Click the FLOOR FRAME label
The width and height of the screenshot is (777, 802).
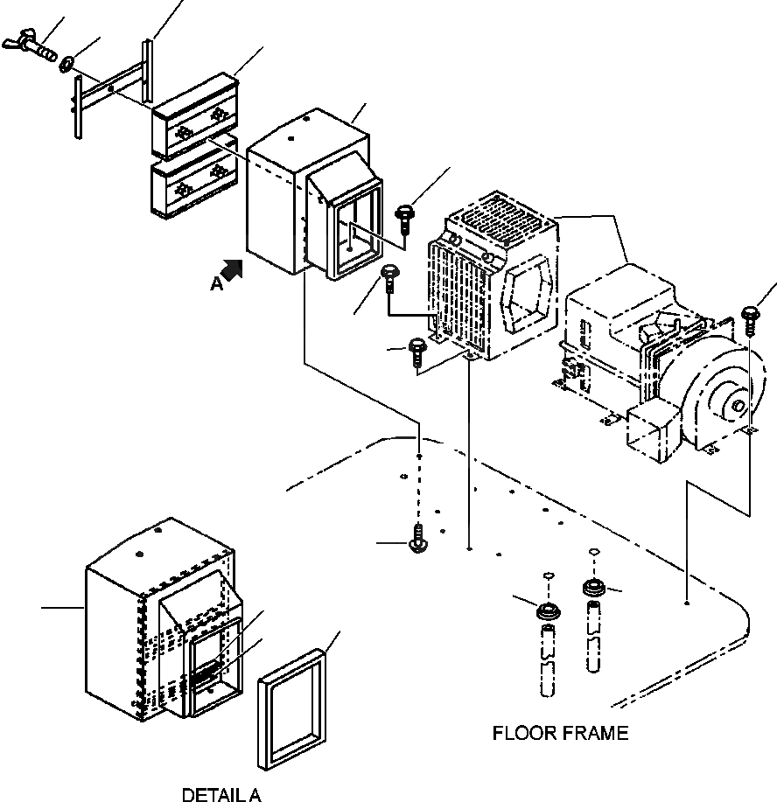point(560,733)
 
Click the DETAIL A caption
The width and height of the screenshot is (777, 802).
point(221,794)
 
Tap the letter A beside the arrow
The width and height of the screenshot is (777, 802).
point(216,283)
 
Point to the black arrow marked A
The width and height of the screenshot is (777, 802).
point(232,269)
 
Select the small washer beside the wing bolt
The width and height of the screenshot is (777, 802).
point(66,65)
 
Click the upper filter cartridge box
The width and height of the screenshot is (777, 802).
point(195,115)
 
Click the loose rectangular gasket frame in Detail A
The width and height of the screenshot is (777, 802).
point(291,709)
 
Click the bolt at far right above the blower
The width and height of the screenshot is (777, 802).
point(751,320)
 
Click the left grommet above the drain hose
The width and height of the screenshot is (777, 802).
point(549,611)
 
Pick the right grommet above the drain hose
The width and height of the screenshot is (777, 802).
point(594,587)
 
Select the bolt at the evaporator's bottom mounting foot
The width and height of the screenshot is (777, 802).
point(417,352)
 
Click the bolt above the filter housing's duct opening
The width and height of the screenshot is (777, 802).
point(405,219)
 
